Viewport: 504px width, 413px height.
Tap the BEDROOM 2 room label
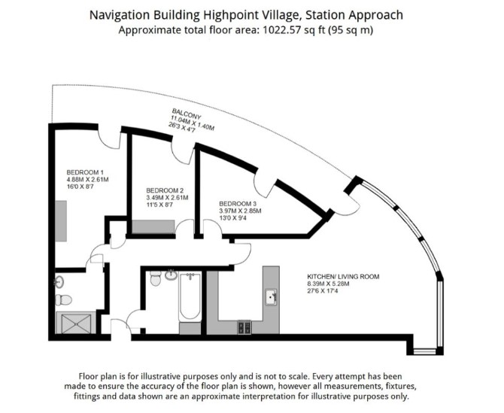(165, 190)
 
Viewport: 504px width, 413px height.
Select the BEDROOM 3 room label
(238, 204)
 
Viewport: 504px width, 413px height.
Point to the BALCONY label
(187, 114)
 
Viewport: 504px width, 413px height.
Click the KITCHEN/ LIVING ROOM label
(343, 276)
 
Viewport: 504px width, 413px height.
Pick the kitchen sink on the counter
(271, 297)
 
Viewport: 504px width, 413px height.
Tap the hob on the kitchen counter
(244, 327)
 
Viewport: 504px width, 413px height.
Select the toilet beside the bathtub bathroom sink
(156, 278)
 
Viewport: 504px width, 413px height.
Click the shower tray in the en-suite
(76, 323)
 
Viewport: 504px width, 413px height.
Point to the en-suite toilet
(63, 300)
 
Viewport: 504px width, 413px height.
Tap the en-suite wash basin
(59, 282)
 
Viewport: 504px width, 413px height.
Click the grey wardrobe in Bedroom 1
(61, 221)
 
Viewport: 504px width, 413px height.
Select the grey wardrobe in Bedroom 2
(153, 226)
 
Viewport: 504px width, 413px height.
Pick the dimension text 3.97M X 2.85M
(240, 211)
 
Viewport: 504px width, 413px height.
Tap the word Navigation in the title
(120, 15)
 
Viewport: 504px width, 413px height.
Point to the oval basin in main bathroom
(172, 275)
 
